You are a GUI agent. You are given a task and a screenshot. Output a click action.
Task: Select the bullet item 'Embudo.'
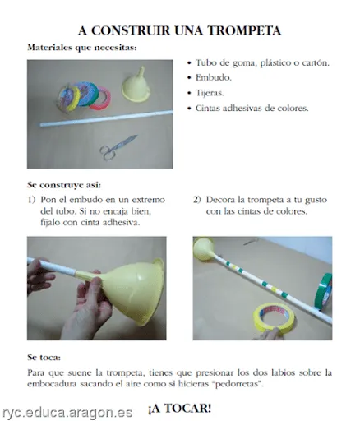pyautogui.click(x=215, y=77)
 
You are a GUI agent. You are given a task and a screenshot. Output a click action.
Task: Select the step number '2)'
pyautogui.click(x=197, y=200)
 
